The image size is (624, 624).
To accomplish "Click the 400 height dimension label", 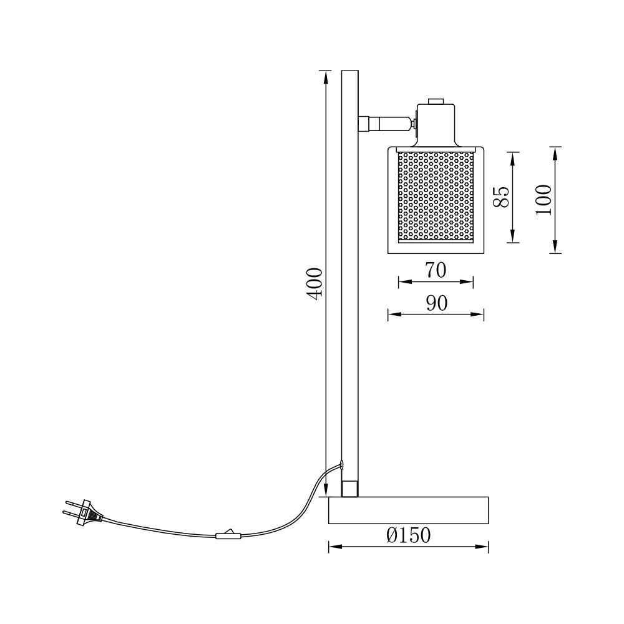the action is pos(314,284).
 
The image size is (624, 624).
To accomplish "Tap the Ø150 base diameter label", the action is pos(408,535).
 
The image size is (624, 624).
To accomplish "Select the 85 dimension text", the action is pos(501,197).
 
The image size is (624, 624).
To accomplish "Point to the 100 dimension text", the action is pos(544,200).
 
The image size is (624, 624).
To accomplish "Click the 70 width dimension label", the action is pos(436,270).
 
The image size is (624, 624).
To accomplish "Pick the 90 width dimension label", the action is pos(437,303).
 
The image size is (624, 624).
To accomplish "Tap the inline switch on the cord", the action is pos(228,535).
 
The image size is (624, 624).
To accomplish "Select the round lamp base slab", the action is pos(409,510).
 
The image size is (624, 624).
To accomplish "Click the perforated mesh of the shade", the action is pos(436,195).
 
